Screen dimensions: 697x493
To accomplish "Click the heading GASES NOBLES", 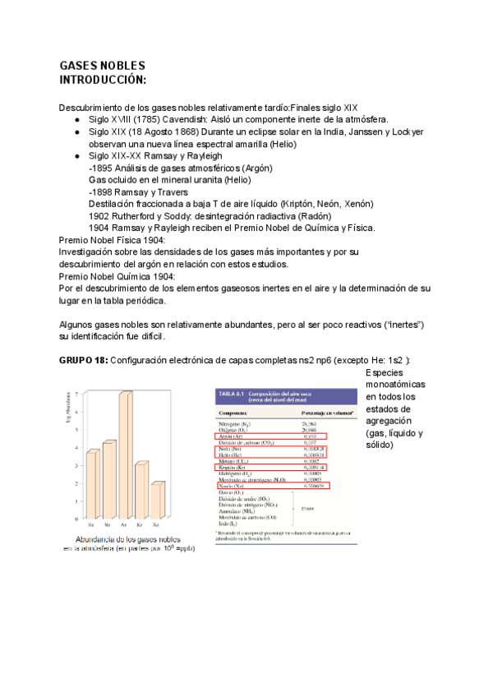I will pos(103,66).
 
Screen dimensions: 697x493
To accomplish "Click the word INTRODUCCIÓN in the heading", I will pos(103,80).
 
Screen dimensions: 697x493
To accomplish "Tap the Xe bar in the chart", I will pos(158,496).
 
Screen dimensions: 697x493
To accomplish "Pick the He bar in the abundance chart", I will pos(93,480).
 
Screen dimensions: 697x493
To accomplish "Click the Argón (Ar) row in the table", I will pos(233,436).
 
